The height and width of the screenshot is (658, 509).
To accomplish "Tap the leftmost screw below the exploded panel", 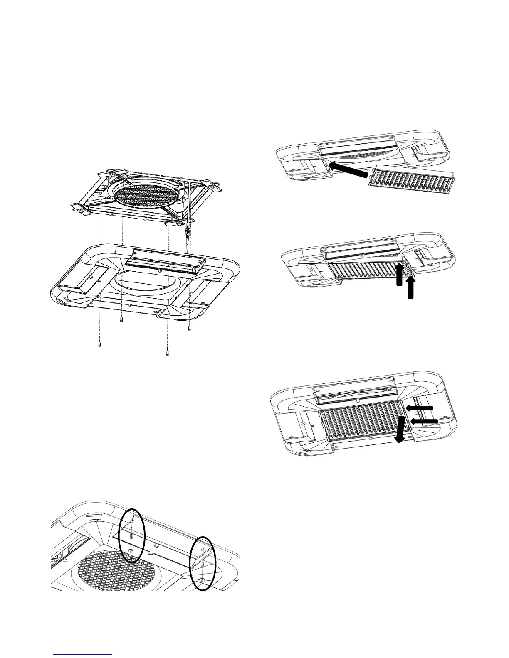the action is tap(100, 344).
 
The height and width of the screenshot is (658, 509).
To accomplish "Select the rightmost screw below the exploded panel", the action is tap(189, 328).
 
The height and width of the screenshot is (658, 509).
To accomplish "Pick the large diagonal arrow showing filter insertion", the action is tap(348, 171).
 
